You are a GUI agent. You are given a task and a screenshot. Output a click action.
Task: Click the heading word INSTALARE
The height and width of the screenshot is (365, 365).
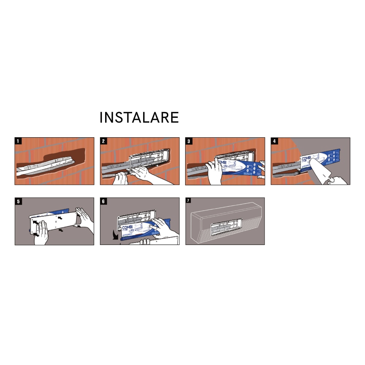click(x=139, y=118)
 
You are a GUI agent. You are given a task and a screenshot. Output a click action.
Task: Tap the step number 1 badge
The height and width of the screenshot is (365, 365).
click(x=18, y=141)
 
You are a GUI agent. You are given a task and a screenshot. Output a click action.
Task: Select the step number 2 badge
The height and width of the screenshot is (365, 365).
click(x=103, y=141)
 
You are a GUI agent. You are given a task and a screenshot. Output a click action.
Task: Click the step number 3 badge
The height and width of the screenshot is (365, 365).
click(x=189, y=141)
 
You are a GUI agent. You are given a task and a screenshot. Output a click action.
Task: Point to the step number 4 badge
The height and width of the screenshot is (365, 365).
click(x=274, y=141)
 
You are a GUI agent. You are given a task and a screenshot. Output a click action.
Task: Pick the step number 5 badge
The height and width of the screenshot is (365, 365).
click(x=18, y=201)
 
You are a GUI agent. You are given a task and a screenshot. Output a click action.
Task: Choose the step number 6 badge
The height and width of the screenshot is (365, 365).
click(x=103, y=201)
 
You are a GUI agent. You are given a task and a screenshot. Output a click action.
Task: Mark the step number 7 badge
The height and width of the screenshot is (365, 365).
click(x=189, y=201)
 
